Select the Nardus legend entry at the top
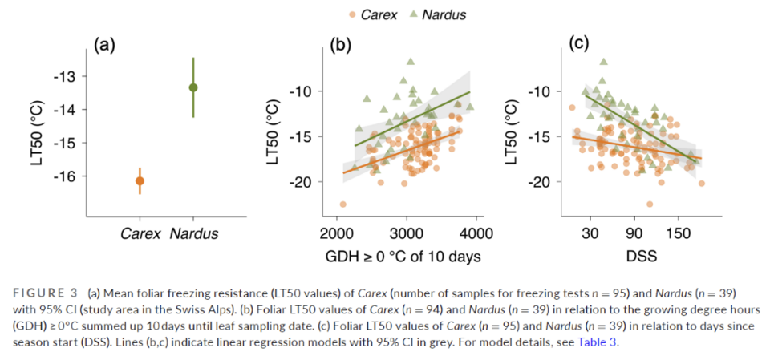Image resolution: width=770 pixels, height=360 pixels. tap(439, 14)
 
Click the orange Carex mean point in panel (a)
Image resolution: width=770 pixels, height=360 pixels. tap(140, 181)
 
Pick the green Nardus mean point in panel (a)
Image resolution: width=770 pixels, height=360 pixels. tap(193, 87)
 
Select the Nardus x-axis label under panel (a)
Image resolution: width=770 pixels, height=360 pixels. tap(193, 234)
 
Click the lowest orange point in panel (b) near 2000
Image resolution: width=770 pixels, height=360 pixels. tap(342, 204)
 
